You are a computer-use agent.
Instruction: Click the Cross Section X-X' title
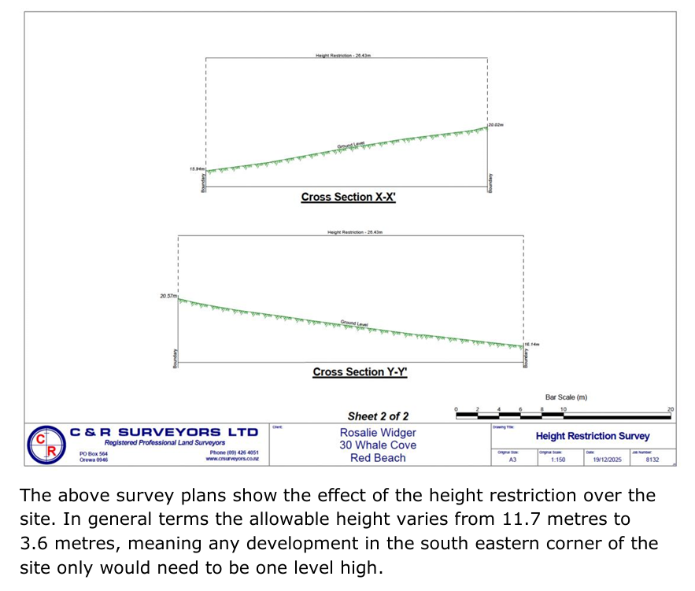pyautogui.click(x=348, y=197)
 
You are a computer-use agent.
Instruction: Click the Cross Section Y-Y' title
pyautogui.click(x=360, y=372)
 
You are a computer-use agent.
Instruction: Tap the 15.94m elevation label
pyautogui.click(x=197, y=169)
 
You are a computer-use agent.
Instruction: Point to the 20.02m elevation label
pyautogui.click(x=495, y=125)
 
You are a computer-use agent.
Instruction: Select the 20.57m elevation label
pyautogui.click(x=168, y=296)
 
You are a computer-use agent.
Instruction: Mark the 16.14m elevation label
pyautogui.click(x=531, y=344)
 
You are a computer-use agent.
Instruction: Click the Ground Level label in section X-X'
pyautogui.click(x=351, y=145)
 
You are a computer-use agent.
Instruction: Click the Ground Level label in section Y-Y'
pyautogui.click(x=354, y=323)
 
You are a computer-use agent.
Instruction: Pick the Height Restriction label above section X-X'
pyautogui.click(x=342, y=56)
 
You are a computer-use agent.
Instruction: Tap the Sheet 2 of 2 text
pyautogui.click(x=378, y=416)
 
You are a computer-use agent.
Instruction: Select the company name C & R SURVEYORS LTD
pyautogui.click(x=164, y=433)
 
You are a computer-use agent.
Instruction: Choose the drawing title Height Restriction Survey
pyautogui.click(x=593, y=436)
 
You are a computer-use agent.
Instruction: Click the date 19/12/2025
pyautogui.click(x=607, y=460)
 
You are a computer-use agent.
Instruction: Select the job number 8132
pyautogui.click(x=652, y=460)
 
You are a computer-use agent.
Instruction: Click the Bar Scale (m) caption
pyautogui.click(x=566, y=397)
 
